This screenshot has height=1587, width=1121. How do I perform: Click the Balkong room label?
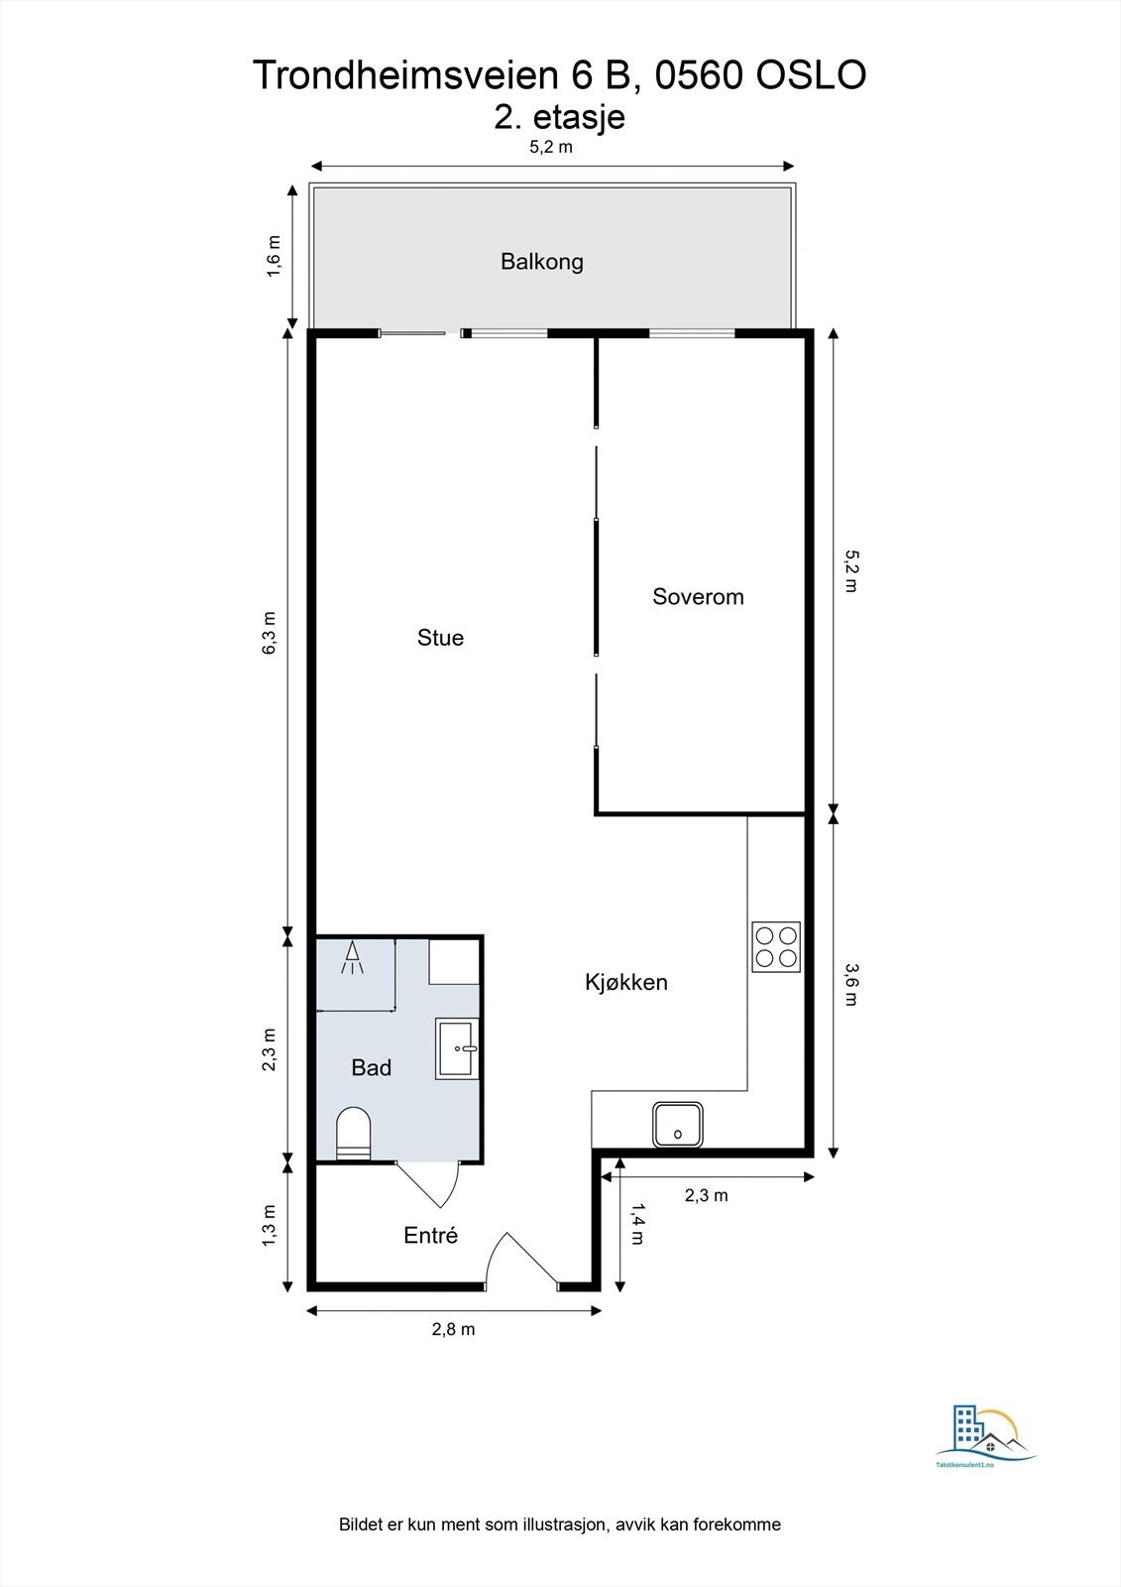tap(542, 262)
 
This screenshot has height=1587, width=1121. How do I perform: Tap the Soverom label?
tap(698, 596)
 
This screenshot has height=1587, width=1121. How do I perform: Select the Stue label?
tap(440, 638)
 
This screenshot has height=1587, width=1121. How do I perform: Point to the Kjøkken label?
tap(626, 983)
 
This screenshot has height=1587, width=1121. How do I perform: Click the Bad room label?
tap(371, 1067)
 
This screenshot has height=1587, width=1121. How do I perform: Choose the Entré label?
tap(430, 1236)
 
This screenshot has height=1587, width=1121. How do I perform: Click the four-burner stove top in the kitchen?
tap(776, 946)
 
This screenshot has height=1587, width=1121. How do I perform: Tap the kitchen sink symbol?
tap(678, 1125)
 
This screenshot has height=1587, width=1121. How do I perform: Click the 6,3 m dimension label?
tap(270, 633)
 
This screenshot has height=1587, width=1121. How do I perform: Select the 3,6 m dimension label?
tap(851, 984)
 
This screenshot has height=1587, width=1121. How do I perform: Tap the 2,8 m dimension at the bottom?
tap(453, 1329)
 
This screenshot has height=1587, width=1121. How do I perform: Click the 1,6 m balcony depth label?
tap(274, 257)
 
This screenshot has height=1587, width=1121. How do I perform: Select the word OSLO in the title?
tap(812, 75)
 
